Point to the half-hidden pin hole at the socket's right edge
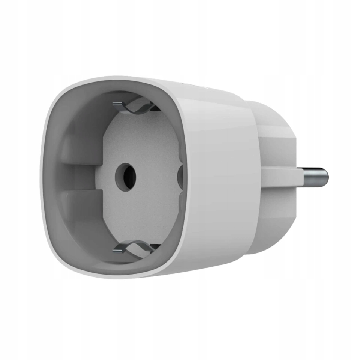click(180, 176)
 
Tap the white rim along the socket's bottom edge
click(112, 273)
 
